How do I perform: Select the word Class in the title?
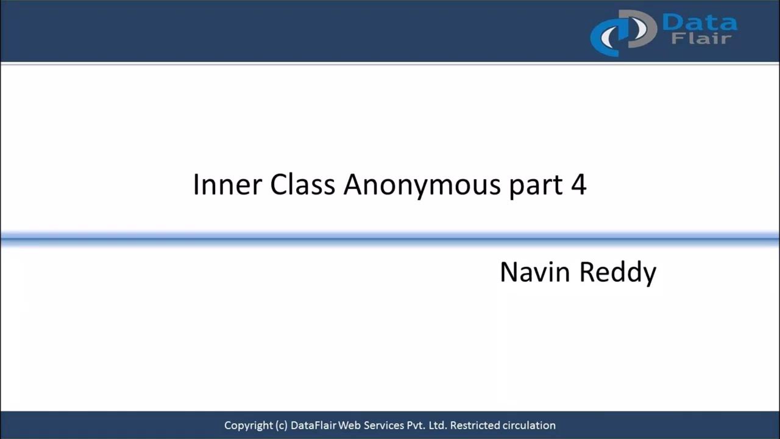tap(303, 184)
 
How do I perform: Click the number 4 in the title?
tap(578, 184)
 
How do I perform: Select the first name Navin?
tap(535, 272)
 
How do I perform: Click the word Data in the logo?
tap(699, 23)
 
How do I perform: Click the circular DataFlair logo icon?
tap(622, 32)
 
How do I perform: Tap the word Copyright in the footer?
tap(247, 426)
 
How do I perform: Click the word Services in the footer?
tap(383, 426)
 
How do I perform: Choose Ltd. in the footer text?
tap(437, 426)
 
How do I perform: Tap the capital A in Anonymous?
tap(353, 184)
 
